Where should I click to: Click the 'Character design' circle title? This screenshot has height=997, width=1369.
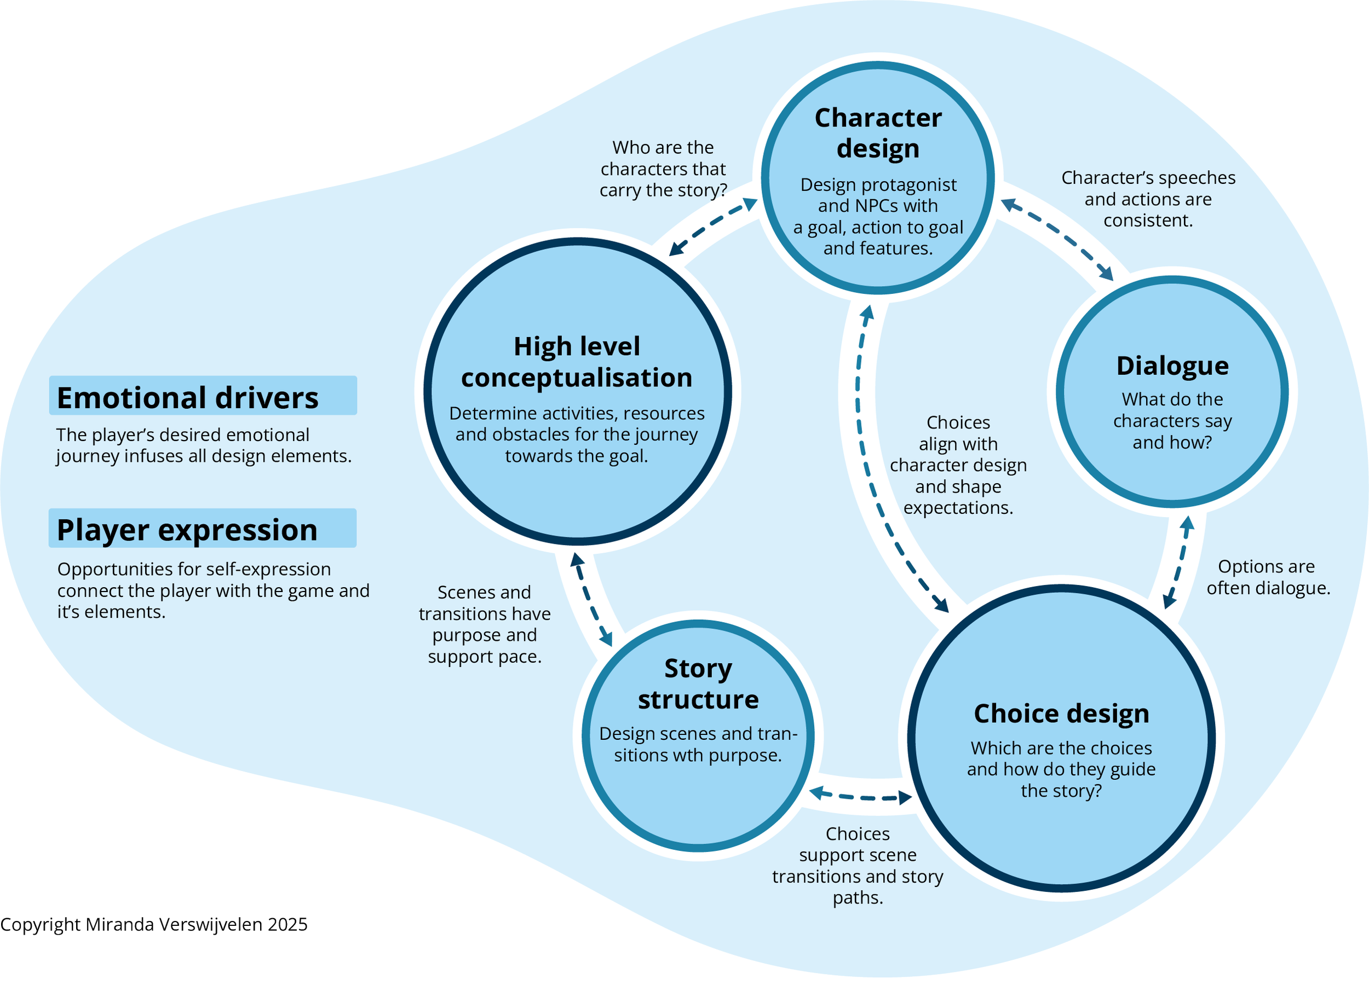coord(878,134)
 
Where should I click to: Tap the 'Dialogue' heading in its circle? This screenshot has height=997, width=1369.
coord(1172,366)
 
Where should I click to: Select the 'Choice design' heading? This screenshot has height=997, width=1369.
coord(1061,714)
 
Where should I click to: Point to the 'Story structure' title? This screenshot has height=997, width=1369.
coord(698,684)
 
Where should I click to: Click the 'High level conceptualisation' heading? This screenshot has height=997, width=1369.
coord(577,362)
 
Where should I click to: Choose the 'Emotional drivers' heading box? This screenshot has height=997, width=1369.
coord(203,395)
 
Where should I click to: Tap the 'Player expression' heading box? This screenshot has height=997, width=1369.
coord(202,528)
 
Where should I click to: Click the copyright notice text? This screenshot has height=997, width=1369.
coord(154,925)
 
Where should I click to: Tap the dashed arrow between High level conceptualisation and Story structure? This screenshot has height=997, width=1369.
coord(591,599)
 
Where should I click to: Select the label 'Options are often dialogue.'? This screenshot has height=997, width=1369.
coord(1268,577)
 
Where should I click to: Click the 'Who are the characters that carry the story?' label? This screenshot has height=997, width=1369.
coord(663,169)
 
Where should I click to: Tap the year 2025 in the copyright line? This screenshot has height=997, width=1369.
coord(287,925)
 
